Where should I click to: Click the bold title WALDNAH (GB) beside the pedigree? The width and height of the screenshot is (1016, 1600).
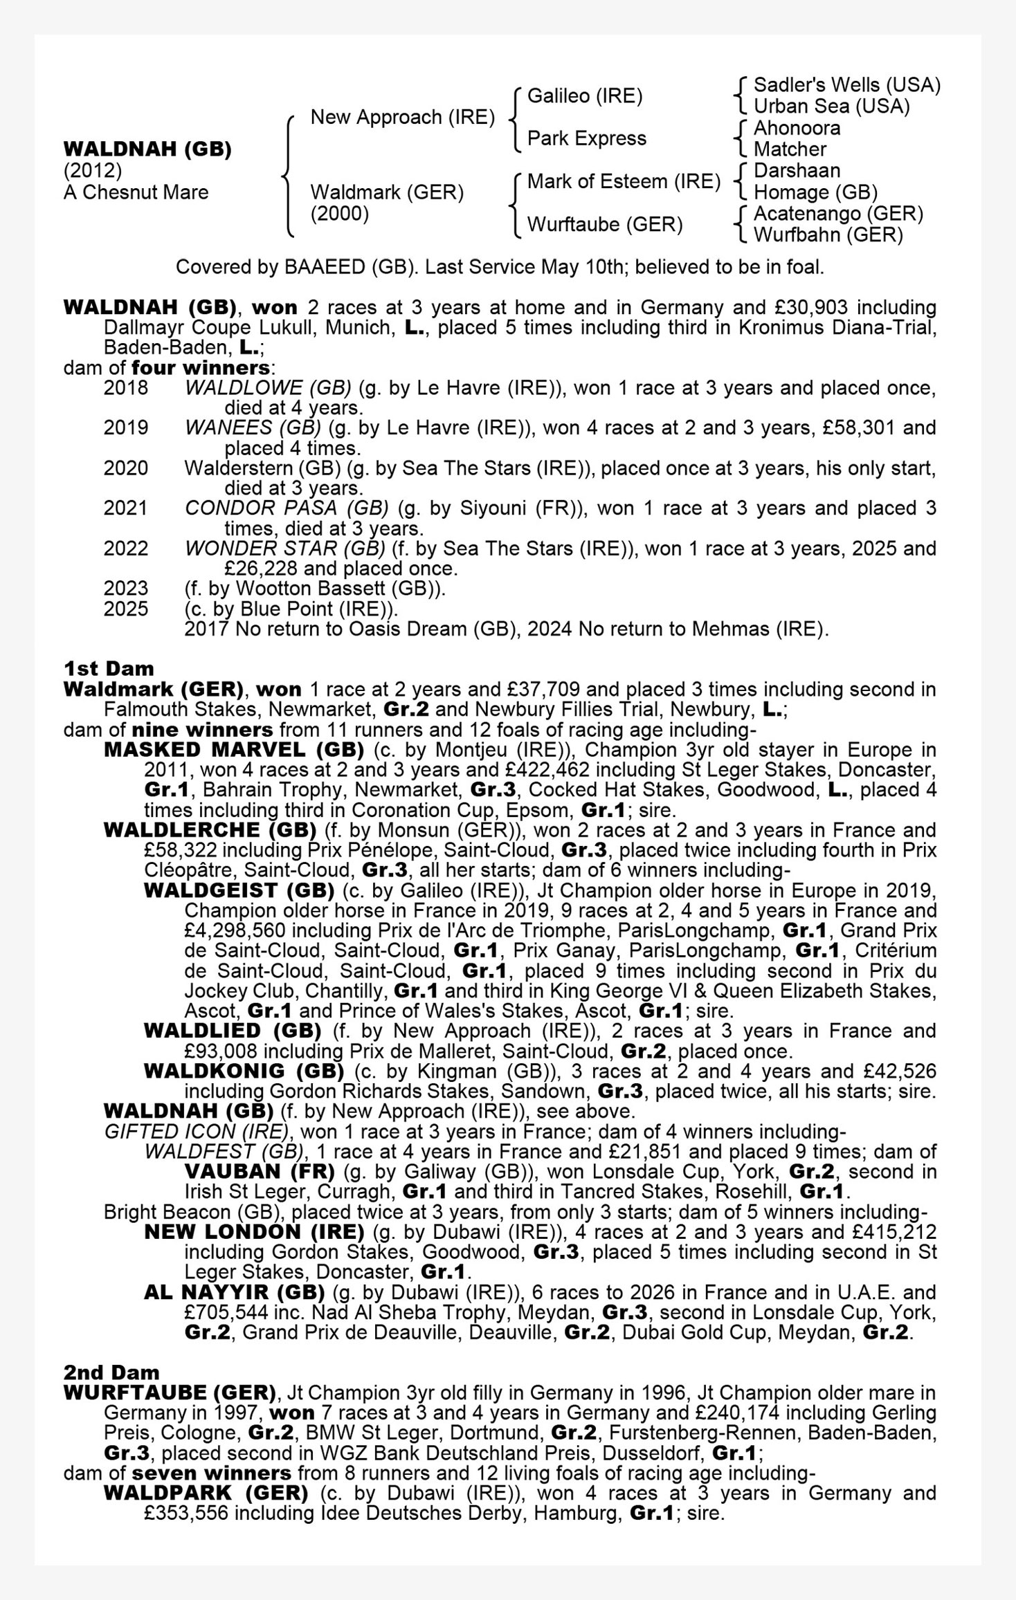[147, 149]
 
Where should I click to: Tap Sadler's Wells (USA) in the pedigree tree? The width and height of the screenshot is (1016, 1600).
[846, 85]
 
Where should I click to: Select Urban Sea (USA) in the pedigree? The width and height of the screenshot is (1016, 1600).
[831, 107]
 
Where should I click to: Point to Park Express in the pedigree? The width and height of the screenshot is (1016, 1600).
[586, 138]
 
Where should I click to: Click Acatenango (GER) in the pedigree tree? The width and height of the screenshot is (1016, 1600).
[838, 214]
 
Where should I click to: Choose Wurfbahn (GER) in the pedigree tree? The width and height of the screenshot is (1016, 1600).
[828, 235]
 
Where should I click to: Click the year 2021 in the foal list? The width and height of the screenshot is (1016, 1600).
[125, 508]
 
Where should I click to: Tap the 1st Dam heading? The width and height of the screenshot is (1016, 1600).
[109, 668]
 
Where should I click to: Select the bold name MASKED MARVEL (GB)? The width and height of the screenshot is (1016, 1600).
[234, 750]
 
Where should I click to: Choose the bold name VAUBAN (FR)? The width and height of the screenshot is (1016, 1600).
[260, 1172]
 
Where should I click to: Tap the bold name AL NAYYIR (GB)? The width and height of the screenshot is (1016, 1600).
[234, 1292]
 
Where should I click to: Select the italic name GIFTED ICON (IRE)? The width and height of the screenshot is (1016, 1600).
[196, 1132]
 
